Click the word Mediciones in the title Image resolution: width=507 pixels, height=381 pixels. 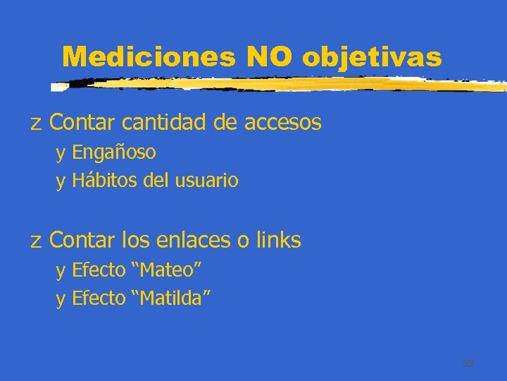(149, 56)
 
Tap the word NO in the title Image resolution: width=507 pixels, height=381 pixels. (269, 56)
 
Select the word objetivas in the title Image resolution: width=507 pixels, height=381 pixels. (372, 57)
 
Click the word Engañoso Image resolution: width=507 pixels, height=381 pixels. (114, 152)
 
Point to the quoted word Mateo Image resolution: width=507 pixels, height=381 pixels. (168, 270)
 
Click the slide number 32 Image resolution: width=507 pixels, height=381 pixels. (468, 363)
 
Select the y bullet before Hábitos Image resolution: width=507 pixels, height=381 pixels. (61, 182)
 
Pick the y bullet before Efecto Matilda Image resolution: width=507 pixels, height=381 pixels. (61, 300)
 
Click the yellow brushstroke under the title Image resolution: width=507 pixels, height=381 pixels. (282, 84)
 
